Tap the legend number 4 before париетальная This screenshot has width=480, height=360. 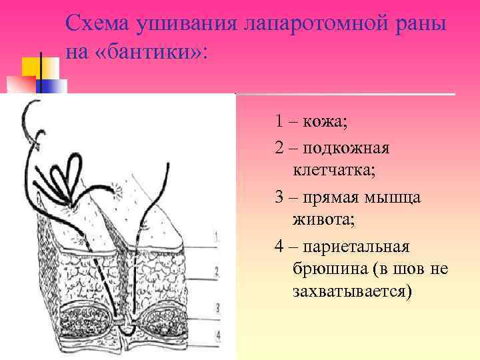pyautogui.click(x=279, y=247)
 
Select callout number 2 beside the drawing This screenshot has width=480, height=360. pyautogui.click(x=217, y=272)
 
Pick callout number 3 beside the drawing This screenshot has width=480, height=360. pyautogui.click(x=217, y=307)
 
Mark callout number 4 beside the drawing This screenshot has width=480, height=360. pyautogui.click(x=217, y=334)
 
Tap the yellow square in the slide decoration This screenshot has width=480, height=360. pyautogui.click(x=31, y=67)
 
